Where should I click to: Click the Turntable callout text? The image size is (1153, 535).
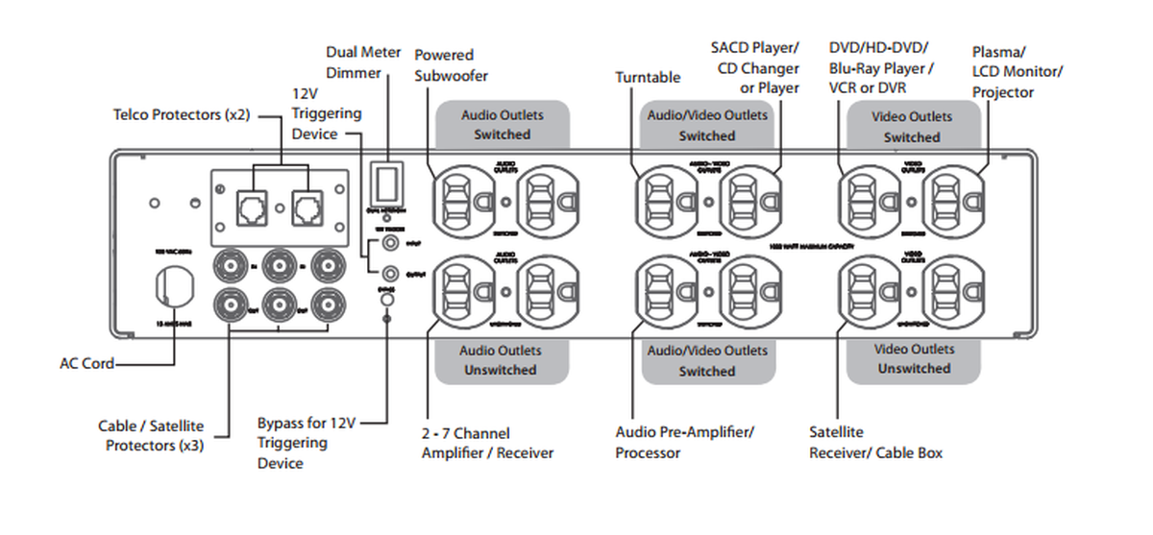(x=648, y=77)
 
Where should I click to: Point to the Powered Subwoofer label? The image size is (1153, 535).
(x=451, y=65)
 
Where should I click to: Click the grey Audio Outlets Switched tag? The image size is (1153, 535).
(x=502, y=125)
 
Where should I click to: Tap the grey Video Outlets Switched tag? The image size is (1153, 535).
(x=912, y=127)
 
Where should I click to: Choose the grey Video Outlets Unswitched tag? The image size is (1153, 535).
(x=914, y=359)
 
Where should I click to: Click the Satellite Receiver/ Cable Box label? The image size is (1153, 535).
(x=875, y=443)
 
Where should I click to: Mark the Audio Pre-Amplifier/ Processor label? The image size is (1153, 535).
(x=684, y=443)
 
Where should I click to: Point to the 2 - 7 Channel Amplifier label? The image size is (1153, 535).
(x=487, y=443)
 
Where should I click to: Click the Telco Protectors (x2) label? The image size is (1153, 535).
(x=180, y=114)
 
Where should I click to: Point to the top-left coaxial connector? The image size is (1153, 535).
(x=233, y=264)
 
